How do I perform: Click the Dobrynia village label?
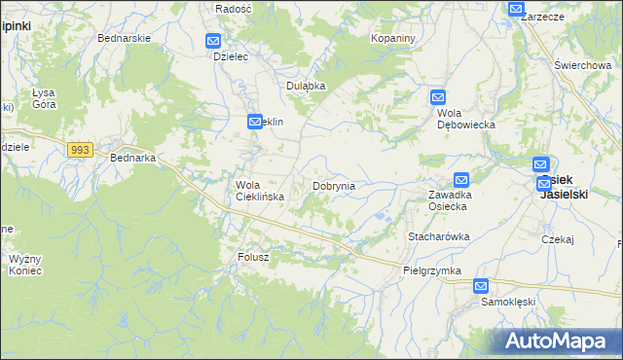click(333, 185)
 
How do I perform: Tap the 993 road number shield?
click(81, 149)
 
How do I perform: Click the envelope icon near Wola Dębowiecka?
click(438, 96)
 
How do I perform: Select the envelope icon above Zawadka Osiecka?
click(460, 179)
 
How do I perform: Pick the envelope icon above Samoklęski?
click(481, 286)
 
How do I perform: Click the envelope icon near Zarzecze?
click(516, 9)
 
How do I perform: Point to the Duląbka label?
click(306, 86)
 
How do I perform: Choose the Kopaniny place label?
click(393, 38)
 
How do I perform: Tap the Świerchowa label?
click(582, 65)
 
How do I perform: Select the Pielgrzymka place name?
click(431, 270)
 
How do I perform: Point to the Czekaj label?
click(559, 238)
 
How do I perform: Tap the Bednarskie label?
click(123, 38)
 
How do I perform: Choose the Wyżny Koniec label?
click(25, 265)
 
